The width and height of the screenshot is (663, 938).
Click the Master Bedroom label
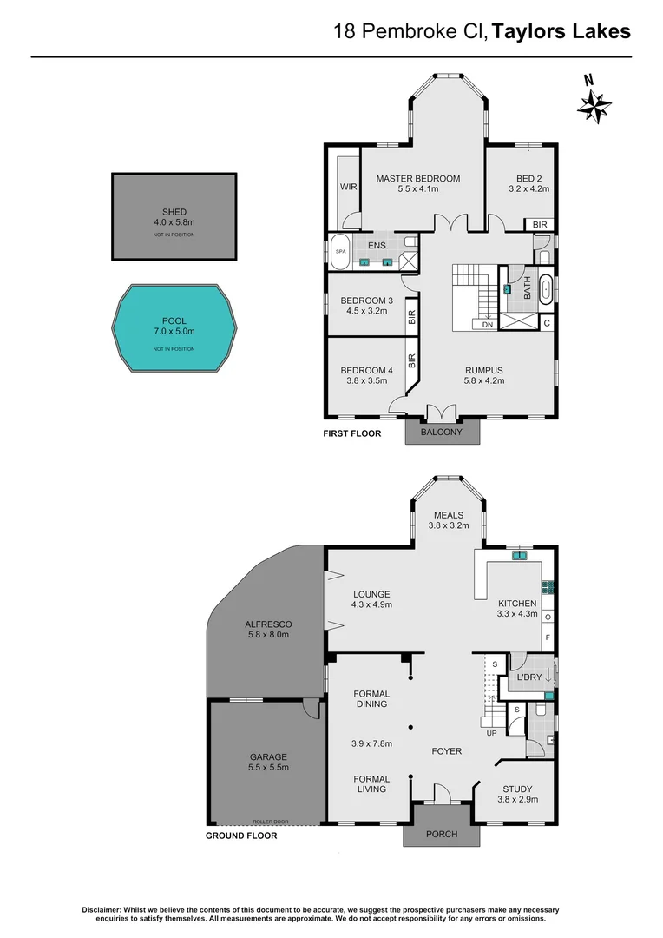click(x=417, y=179)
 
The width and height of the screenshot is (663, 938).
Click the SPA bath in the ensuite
click(x=339, y=251)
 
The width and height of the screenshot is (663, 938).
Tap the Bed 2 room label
click(x=528, y=179)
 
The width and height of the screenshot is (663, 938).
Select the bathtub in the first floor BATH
click(x=546, y=288)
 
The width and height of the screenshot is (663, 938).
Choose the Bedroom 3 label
click(x=366, y=301)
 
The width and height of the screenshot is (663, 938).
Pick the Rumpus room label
click(x=482, y=371)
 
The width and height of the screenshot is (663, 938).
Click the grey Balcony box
click(x=441, y=432)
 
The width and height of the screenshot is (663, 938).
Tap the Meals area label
click(x=450, y=515)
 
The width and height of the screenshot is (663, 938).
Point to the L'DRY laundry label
click(x=528, y=676)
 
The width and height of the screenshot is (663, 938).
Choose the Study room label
click(x=517, y=789)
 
